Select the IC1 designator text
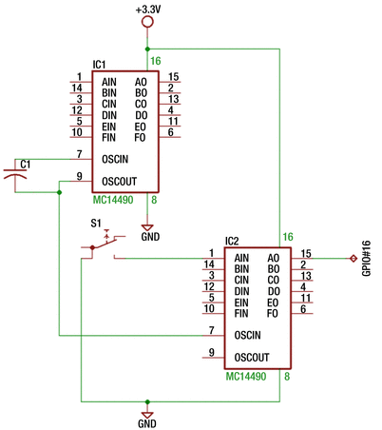(x=99, y=65)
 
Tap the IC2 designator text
(x=232, y=241)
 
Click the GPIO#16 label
(x=368, y=258)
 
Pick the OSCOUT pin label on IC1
(x=122, y=177)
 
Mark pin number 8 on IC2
(x=287, y=378)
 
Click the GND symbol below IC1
(x=147, y=229)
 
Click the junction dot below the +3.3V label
(x=147, y=48)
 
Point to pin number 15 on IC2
(x=306, y=253)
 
